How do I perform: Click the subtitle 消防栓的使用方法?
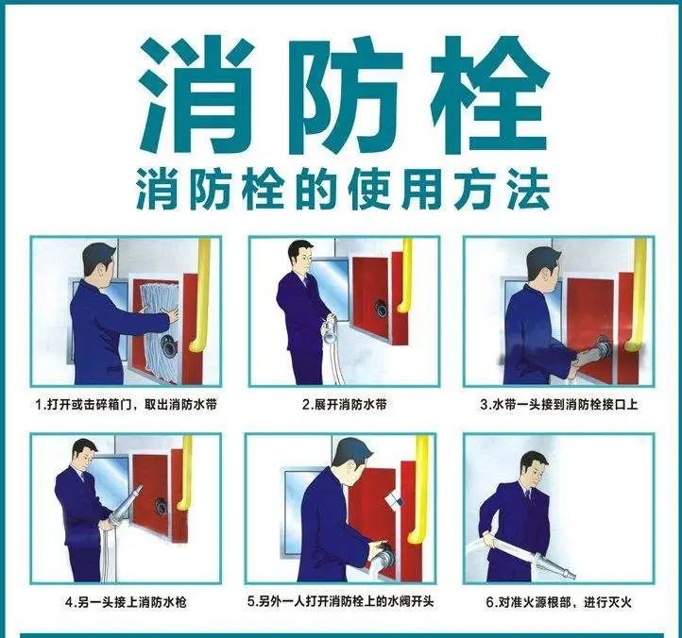(x=343, y=191)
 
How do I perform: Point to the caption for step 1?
(x=126, y=404)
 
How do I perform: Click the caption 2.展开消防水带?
(x=345, y=404)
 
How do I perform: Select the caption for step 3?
(x=559, y=404)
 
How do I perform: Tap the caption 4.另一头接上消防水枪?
(x=126, y=602)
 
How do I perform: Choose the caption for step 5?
(x=341, y=601)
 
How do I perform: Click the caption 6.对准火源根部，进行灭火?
(x=558, y=602)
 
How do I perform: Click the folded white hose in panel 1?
(x=160, y=330)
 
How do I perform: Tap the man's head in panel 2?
(x=300, y=258)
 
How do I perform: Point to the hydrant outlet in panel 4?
(x=160, y=507)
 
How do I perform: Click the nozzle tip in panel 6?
(x=572, y=577)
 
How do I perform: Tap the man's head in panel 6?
(x=534, y=470)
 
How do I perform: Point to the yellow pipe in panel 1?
(x=200, y=294)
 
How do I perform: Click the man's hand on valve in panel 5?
(x=380, y=548)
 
